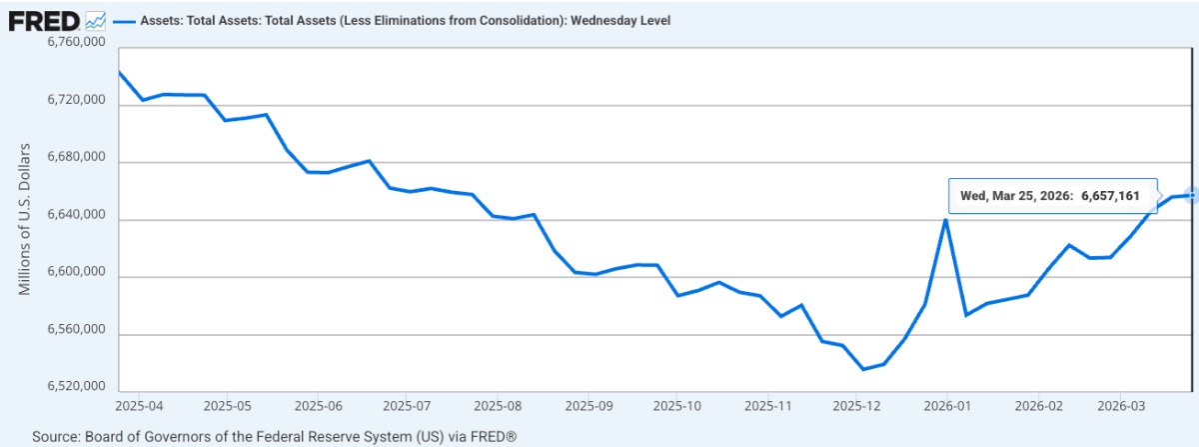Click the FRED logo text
pyautogui.click(x=44, y=19)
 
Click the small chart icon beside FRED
pyautogui.click(x=96, y=20)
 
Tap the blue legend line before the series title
pyautogui.click(x=124, y=21)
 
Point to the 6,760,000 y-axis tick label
pyautogui.click(x=77, y=43)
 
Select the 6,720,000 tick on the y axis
pyautogui.click(x=77, y=101)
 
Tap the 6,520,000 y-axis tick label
pyautogui.click(x=77, y=387)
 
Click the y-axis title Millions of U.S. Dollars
pyautogui.click(x=25, y=219)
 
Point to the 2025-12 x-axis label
pyautogui.click(x=857, y=407)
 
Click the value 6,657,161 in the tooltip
pyautogui.click(x=1109, y=196)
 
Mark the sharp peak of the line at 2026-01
pyautogui.click(x=945, y=220)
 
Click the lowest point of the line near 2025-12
pyautogui.click(x=863, y=369)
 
